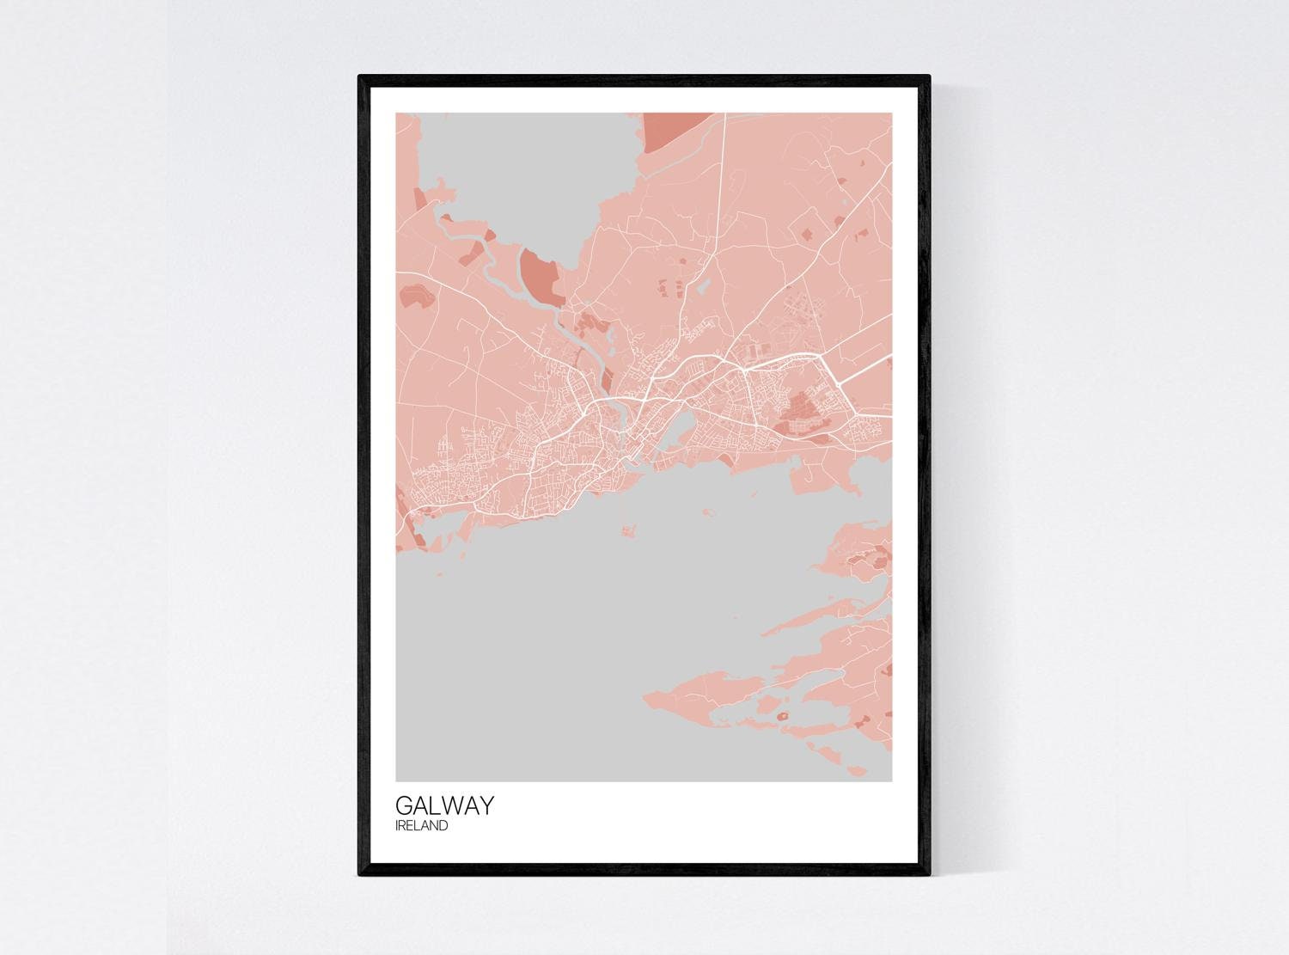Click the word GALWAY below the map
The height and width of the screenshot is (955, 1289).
(x=444, y=805)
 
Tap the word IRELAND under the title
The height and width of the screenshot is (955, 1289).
(x=421, y=826)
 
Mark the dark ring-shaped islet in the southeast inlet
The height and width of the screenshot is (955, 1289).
(x=783, y=715)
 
